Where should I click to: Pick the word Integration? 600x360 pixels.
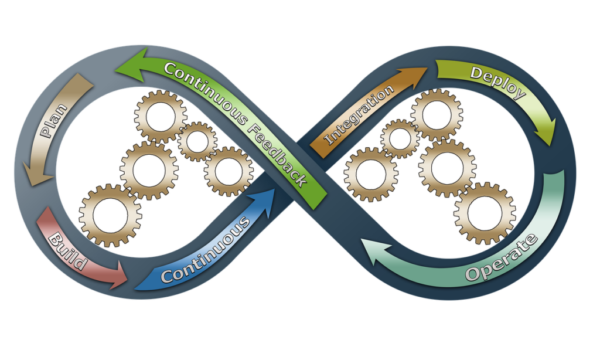(x=359, y=116)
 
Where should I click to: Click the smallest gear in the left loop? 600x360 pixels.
(x=197, y=141)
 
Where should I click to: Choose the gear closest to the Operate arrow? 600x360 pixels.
(x=485, y=213)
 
